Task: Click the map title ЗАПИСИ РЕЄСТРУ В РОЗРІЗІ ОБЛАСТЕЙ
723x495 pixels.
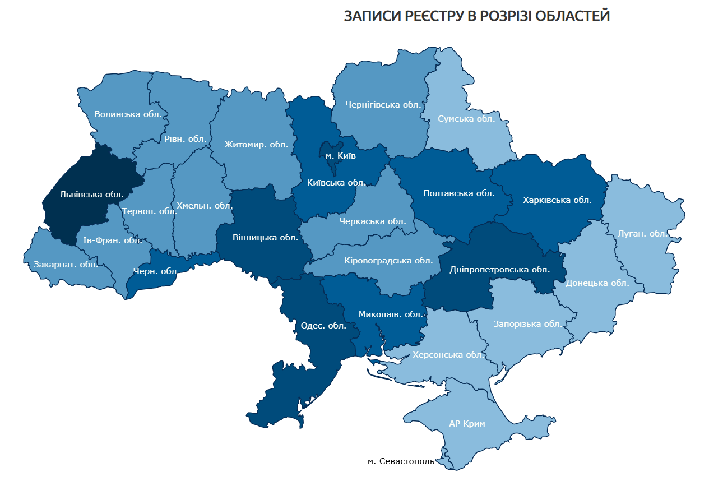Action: [x=476, y=16]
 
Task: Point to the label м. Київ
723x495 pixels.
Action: [x=340, y=156]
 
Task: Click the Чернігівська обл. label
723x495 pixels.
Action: [x=383, y=104]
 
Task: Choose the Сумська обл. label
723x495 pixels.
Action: [x=466, y=119]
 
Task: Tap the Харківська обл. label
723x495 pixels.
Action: [x=557, y=200]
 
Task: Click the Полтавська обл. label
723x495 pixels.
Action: [x=459, y=193]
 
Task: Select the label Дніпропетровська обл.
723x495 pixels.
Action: [x=499, y=269]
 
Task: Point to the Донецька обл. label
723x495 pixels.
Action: [x=597, y=283]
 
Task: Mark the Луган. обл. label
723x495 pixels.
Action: [x=643, y=233]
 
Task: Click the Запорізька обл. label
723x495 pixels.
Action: [x=527, y=324]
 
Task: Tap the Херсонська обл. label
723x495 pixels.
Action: [x=448, y=355]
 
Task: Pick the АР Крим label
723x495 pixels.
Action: [x=467, y=424]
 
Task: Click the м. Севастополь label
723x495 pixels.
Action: [x=401, y=461]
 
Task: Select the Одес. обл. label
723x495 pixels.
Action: [x=323, y=325]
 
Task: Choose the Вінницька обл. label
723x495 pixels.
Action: [x=265, y=237]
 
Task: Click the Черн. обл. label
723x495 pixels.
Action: [x=155, y=271]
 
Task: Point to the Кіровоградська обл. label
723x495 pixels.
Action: [x=388, y=260]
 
